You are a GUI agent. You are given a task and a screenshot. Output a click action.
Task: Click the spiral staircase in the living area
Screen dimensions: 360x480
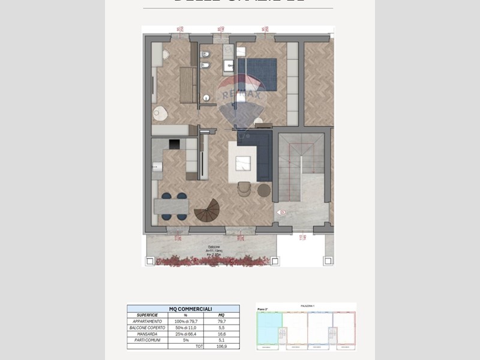[x=208, y=211]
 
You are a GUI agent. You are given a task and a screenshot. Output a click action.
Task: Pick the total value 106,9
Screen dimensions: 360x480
[x=221, y=347]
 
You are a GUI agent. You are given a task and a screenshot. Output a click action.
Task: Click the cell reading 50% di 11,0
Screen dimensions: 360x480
[x=185, y=328]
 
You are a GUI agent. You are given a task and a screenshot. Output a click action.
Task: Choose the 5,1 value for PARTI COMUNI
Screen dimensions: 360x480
[x=221, y=340]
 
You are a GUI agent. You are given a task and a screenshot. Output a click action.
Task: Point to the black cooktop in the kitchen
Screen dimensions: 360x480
[x=173, y=144]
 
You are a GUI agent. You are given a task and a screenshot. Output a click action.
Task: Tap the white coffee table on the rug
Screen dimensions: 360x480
[x=242, y=163]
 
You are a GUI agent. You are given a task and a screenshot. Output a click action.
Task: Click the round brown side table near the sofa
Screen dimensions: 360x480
[x=264, y=190]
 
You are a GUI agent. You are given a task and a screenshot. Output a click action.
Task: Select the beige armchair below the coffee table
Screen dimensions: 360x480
[x=244, y=188]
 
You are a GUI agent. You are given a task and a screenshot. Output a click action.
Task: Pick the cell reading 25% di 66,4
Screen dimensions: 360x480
[x=185, y=334]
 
